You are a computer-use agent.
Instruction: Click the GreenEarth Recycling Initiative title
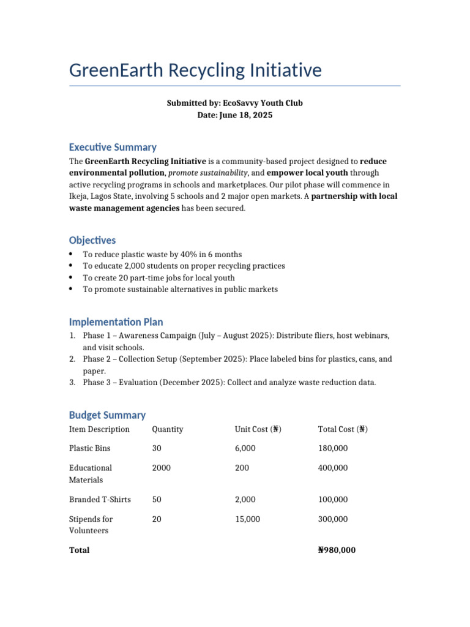point(195,70)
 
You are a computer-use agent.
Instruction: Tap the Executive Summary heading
point(113,147)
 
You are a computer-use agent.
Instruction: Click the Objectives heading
point(92,240)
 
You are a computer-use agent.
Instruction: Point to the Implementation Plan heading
point(116,322)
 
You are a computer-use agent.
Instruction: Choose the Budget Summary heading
point(107,415)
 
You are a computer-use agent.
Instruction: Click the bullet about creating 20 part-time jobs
point(159,278)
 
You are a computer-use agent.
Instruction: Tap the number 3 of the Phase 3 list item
point(72,383)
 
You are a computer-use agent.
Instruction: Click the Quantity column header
point(167,429)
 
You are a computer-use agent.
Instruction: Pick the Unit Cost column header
point(258,429)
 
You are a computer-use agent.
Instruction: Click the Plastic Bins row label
point(89,449)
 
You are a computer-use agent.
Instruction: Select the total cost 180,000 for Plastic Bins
point(333,449)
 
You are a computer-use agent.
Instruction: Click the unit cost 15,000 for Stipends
point(247,519)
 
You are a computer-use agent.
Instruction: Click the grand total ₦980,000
point(337,550)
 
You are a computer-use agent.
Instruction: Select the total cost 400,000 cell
point(333,468)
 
